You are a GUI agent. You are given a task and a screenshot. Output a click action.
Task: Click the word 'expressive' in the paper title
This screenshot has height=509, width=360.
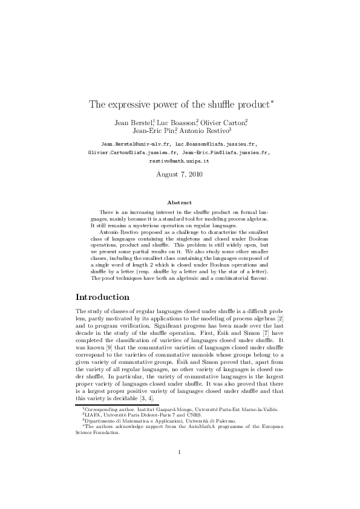pyautogui.click(x=128, y=104)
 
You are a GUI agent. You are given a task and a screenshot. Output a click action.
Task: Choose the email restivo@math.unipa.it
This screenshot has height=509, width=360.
pyautogui.click(x=179, y=162)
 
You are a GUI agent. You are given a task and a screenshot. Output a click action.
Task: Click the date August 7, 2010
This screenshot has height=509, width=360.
pyautogui.click(x=180, y=174)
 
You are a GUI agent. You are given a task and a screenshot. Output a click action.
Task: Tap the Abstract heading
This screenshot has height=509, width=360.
pyautogui.click(x=179, y=203)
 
